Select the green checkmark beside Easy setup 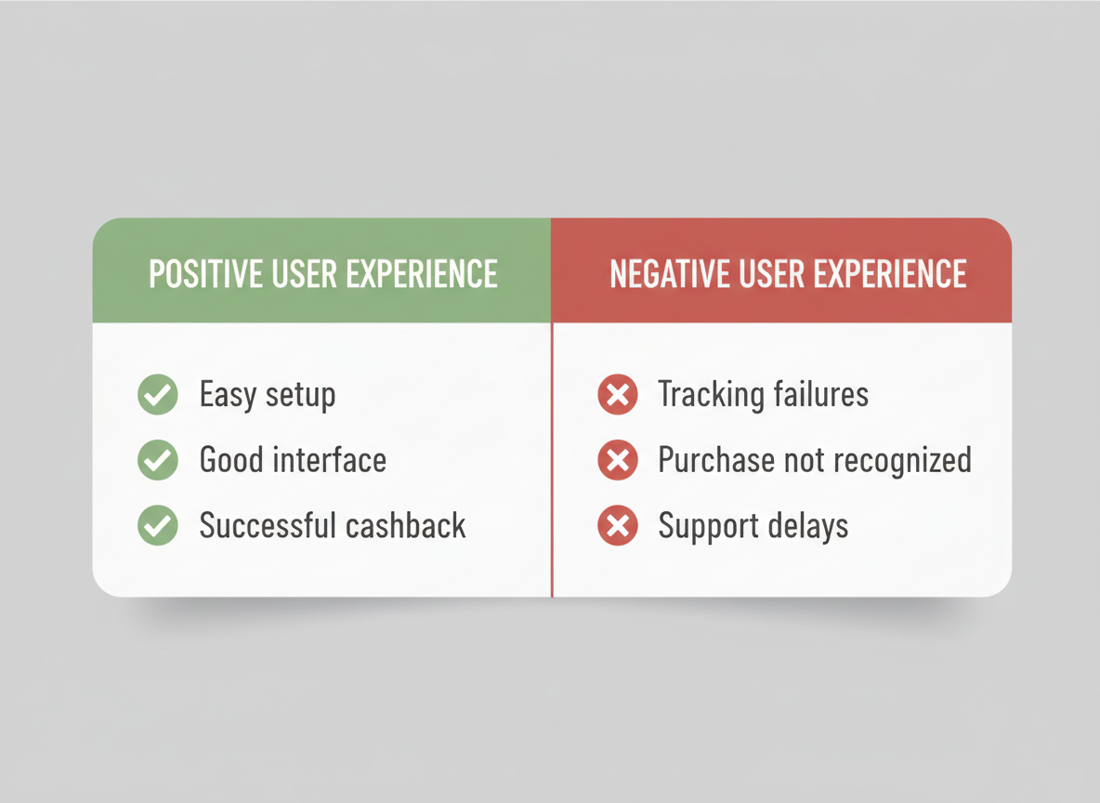(x=158, y=395)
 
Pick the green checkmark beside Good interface (x=158, y=460)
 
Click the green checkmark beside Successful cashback (x=158, y=526)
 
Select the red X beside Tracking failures (x=617, y=395)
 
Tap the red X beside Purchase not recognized (x=617, y=460)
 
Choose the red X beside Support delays (x=617, y=526)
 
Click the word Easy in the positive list (x=228, y=396)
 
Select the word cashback (x=405, y=526)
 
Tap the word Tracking (x=709, y=395)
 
